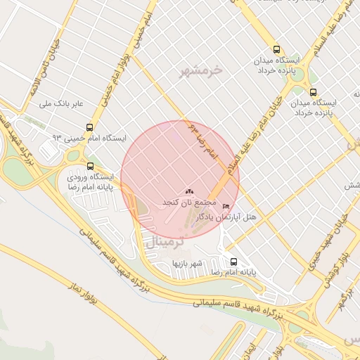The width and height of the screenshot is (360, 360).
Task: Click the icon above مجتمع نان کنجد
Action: pyautogui.click(x=188, y=191)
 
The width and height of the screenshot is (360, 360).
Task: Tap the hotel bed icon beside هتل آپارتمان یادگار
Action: pyautogui.click(x=225, y=206)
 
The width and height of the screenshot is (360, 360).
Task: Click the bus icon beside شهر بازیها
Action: pyautogui.click(x=233, y=262)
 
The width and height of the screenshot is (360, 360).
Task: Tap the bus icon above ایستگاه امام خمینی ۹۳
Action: pyautogui.click(x=89, y=127)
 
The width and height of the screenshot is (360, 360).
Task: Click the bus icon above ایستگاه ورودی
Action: pyautogui.click(x=89, y=166)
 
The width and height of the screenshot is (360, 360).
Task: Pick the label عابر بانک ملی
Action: pyautogui.click(x=64, y=103)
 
